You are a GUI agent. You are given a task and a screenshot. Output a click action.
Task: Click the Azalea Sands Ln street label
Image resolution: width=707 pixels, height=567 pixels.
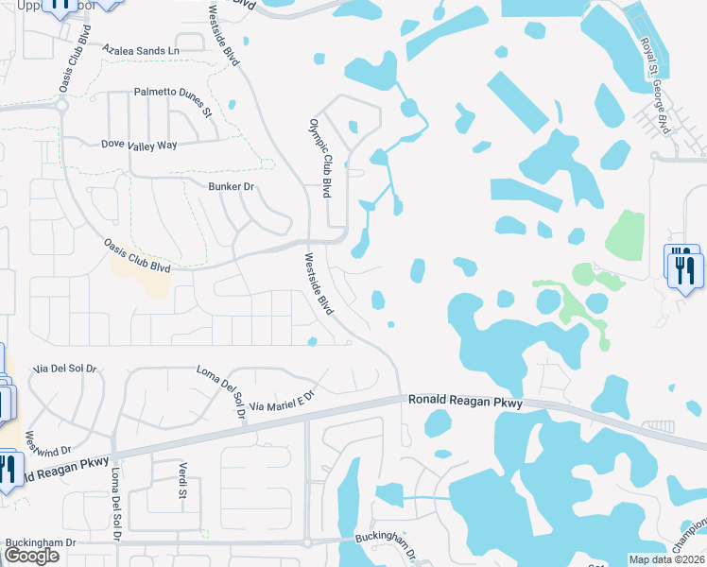141,50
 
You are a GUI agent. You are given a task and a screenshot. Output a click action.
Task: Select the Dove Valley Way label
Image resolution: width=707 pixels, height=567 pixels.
140,146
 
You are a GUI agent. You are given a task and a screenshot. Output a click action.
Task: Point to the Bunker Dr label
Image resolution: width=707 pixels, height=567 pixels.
232,187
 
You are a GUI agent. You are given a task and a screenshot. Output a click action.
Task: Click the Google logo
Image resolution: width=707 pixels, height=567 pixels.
31,556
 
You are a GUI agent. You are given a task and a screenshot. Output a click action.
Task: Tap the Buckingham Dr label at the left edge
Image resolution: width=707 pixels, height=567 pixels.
40,542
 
